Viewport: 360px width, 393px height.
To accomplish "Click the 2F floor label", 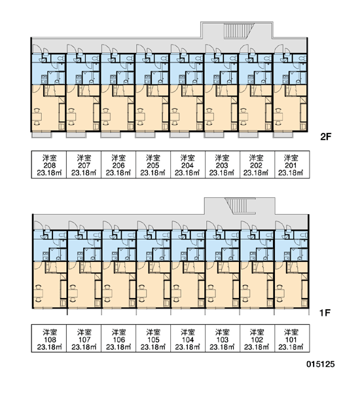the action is (325, 137).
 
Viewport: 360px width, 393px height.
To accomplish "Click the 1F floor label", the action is (325, 312).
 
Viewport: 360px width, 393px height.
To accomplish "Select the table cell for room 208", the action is (49, 164).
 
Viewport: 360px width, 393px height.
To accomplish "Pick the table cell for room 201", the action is (292, 164).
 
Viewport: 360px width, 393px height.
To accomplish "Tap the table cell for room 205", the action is (153, 164).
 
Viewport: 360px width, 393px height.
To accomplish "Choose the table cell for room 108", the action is (49, 339).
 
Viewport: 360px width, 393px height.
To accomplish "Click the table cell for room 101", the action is (292, 339).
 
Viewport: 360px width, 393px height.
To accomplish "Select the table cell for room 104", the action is (188, 339).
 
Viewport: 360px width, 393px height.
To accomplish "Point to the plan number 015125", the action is (321, 364).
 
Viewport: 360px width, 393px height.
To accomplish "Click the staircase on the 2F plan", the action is (239, 31).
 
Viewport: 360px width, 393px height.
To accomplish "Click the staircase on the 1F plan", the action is (240, 206).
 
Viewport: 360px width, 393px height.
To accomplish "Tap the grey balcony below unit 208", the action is (42, 135).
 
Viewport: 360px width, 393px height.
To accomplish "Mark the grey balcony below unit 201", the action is (283, 135).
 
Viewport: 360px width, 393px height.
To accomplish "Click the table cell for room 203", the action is (223, 164).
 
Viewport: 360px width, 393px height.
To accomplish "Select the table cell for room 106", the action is (118, 339).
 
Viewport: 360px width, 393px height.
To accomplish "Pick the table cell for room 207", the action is (84, 164).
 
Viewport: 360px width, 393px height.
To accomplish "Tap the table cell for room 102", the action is (257, 339).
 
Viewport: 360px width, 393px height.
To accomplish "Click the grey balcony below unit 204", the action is (179, 135).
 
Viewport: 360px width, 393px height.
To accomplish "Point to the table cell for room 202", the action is (257, 164).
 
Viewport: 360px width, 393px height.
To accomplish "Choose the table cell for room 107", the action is (84, 339).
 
